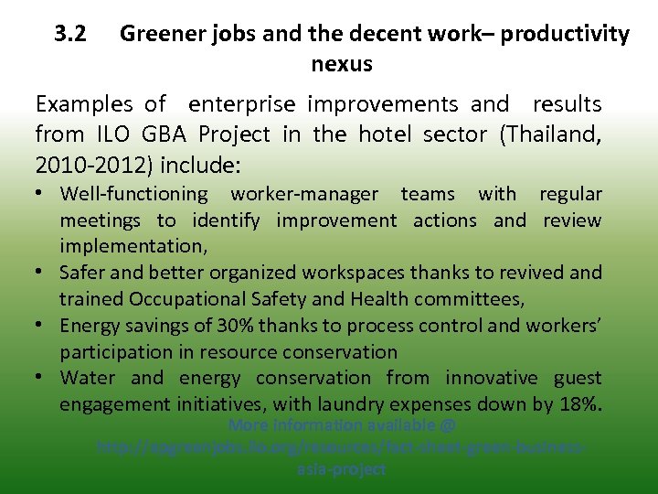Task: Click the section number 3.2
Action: pyautogui.click(x=70, y=35)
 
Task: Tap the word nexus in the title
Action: pyautogui.click(x=342, y=64)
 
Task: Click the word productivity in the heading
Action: pyautogui.click(x=565, y=35)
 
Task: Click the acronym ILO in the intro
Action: pyautogui.click(x=113, y=134)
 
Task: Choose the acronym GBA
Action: pyautogui.click(x=164, y=134)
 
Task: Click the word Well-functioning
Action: pyautogui.click(x=134, y=194)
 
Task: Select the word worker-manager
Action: pyautogui.click(x=304, y=194)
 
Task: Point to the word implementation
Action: pyautogui.click(x=132, y=246)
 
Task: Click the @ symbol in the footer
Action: pyautogui.click(x=447, y=425)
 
